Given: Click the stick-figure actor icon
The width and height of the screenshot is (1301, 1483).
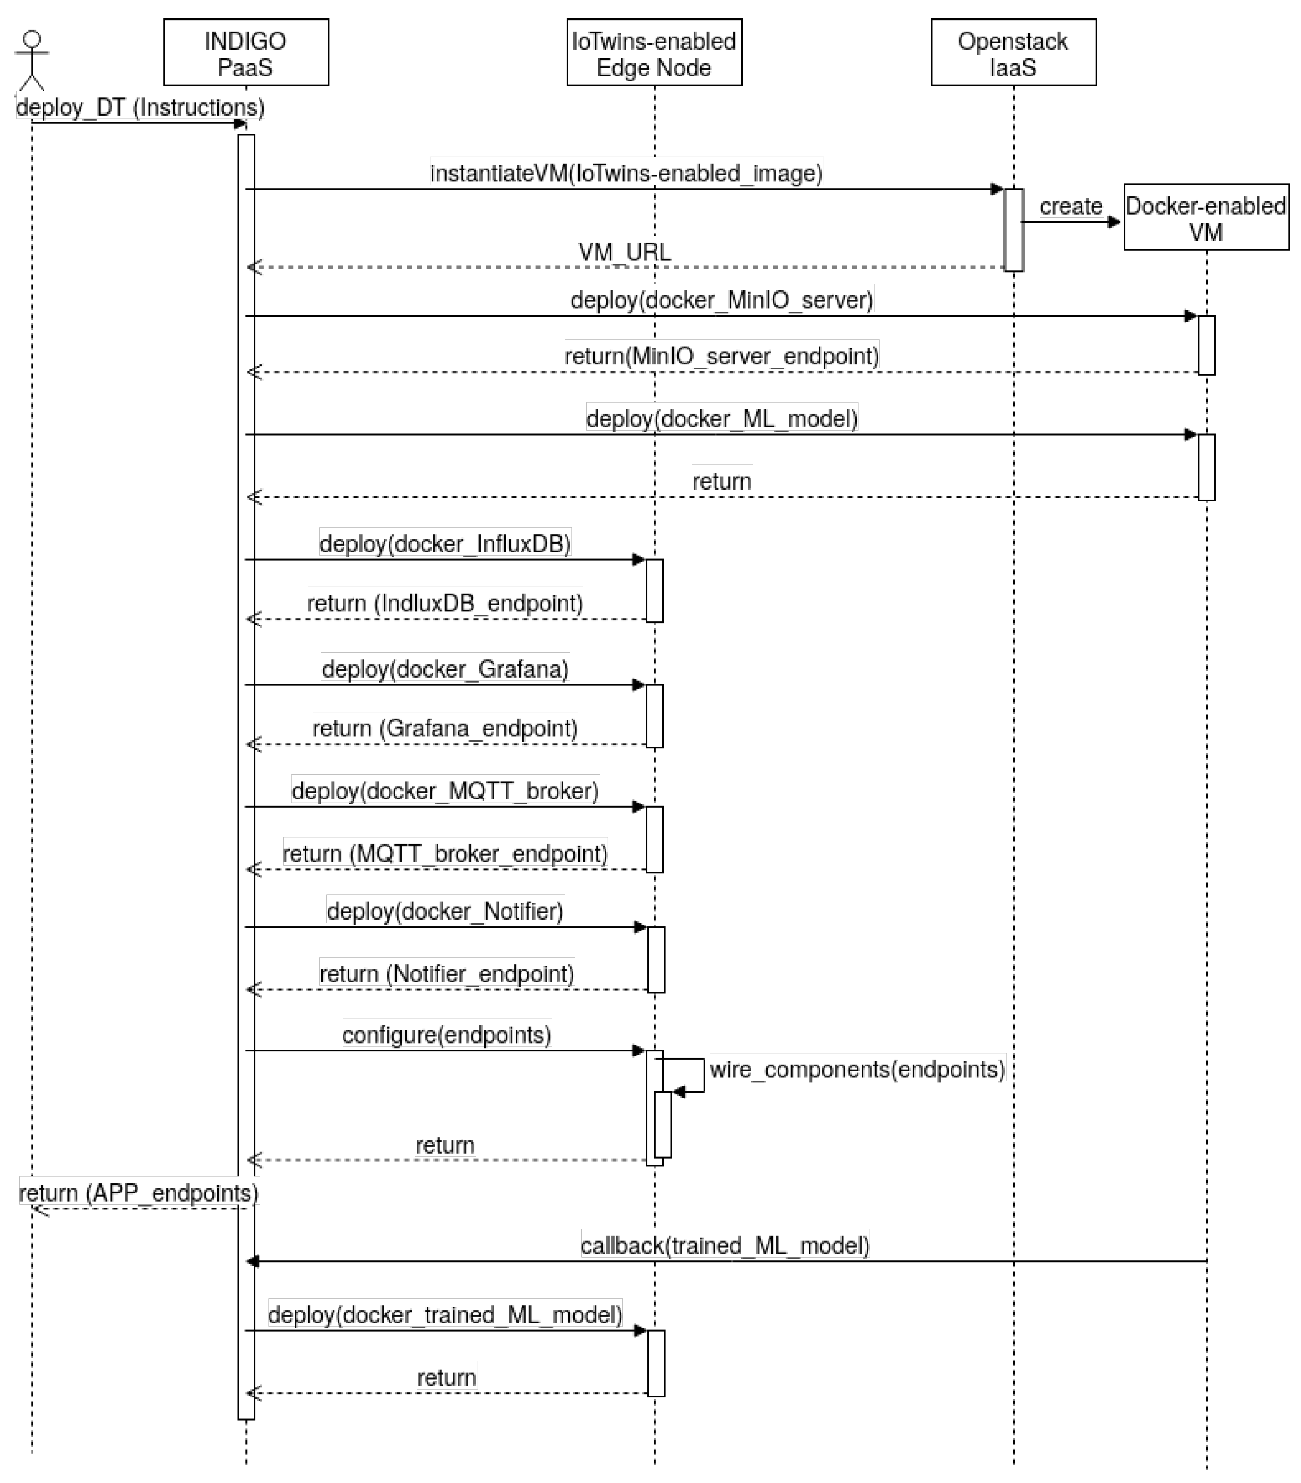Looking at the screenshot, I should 32,60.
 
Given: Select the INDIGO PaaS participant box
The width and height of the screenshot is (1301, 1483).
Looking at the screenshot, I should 245,52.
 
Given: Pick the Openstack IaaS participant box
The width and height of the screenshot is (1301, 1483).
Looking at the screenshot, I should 1013,52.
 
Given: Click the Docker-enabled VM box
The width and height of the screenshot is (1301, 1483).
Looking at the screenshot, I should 1205,217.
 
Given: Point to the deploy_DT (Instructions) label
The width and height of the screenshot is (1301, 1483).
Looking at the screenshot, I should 140,107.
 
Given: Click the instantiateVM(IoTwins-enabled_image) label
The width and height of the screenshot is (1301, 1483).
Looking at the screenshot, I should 625,174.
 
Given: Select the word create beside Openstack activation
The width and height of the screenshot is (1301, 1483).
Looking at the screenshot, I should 1070,206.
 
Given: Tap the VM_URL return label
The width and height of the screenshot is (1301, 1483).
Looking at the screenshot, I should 624,252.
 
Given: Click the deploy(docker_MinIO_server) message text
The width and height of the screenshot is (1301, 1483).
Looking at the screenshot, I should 721,300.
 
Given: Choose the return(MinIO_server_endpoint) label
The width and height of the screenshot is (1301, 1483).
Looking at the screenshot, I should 721,355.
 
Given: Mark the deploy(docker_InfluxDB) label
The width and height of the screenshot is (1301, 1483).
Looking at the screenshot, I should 445,543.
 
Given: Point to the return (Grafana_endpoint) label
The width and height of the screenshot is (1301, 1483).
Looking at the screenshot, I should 445,728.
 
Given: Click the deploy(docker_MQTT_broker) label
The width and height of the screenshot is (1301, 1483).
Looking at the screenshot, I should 445,790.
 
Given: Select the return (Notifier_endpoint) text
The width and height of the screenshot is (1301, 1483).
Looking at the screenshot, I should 446,973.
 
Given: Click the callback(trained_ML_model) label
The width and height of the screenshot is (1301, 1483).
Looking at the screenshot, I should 724,1245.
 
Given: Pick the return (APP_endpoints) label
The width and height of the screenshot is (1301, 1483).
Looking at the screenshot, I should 138,1192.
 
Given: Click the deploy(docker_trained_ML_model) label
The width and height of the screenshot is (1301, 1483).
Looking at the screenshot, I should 445,1314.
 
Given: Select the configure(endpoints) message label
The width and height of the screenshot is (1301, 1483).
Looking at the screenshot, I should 446,1034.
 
